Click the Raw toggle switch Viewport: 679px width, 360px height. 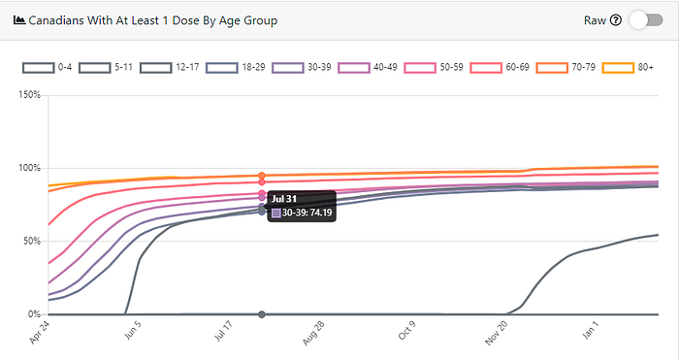pos(646,20)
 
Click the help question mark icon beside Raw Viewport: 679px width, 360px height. pos(615,20)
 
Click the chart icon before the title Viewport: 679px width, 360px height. pos(19,20)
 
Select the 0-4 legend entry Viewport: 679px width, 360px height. pos(48,68)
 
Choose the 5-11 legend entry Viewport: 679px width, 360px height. pos(106,68)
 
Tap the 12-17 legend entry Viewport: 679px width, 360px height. pos(170,68)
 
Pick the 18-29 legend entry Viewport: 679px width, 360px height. pos(236,68)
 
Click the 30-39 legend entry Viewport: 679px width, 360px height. pos(302,68)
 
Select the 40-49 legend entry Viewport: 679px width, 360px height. pos(368,68)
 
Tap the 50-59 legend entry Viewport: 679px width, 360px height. pos(434,68)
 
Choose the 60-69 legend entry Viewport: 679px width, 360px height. pos(500,68)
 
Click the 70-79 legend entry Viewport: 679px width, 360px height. pos(566,68)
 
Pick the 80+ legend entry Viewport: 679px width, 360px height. pos(628,68)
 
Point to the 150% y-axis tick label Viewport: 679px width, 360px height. pos(29,95)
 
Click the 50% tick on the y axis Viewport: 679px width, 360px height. pos(32,241)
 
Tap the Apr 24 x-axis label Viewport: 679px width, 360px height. pos(40,332)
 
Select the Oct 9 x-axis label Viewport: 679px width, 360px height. pos(406,331)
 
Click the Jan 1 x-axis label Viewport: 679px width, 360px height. pos(590,330)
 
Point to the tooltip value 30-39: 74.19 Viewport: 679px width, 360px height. pos(307,213)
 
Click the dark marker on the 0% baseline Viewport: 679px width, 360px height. pos(262,314)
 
